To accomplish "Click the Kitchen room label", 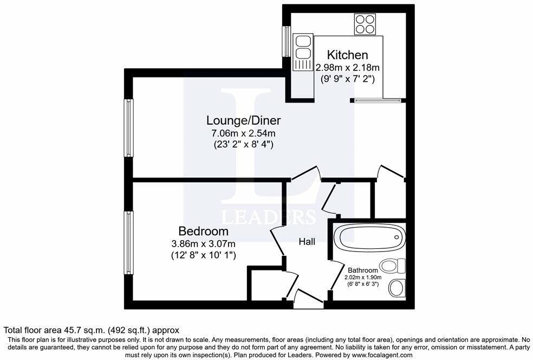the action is (x=347, y=54).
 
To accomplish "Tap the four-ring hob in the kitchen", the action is (x=365, y=24).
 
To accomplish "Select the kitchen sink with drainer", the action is (x=303, y=52).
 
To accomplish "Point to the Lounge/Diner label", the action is (x=244, y=120).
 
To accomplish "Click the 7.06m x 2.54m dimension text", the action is (x=244, y=133).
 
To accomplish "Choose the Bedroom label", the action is (x=203, y=232).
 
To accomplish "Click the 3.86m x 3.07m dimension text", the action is (x=203, y=244).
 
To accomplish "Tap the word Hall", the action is (x=307, y=242).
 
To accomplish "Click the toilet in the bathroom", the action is (x=393, y=266).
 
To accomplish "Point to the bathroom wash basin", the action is (x=396, y=288).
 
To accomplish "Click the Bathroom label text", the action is (x=363, y=270).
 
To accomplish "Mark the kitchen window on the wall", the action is (x=287, y=41).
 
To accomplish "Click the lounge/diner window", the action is (x=129, y=127).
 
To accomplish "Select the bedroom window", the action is (x=129, y=242).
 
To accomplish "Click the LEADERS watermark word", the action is (x=269, y=217).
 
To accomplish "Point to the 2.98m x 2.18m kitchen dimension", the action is (x=347, y=67).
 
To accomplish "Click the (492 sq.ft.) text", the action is (x=129, y=330).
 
